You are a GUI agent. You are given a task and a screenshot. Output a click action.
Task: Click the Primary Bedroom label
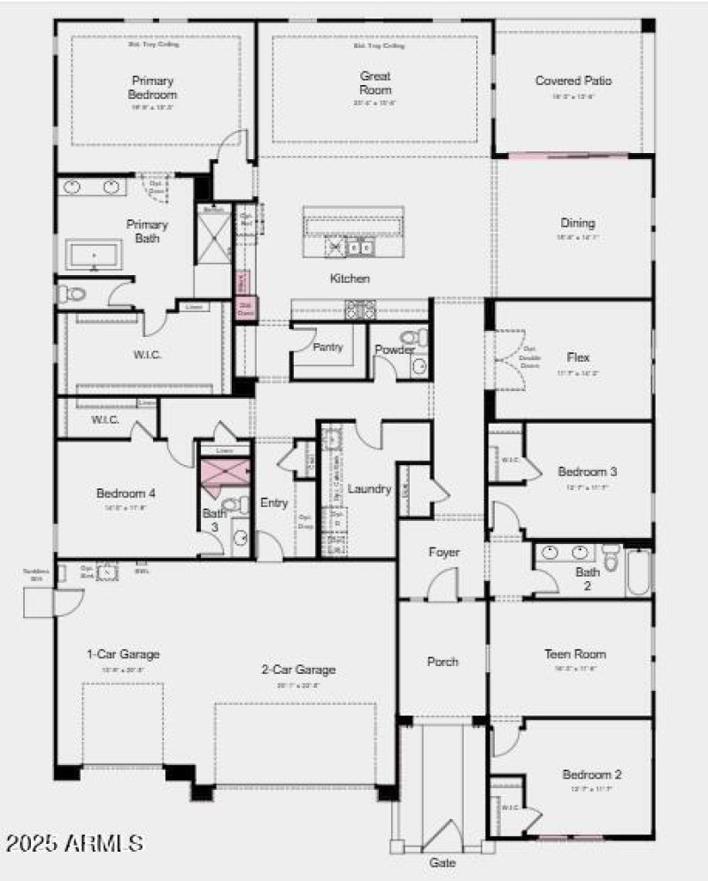(153, 87)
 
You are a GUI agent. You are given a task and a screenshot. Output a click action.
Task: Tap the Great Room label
(375, 82)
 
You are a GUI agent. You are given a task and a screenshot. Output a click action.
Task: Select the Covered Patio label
(573, 80)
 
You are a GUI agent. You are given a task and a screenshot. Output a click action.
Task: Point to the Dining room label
(577, 223)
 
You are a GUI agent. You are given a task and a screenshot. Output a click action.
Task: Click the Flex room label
(578, 357)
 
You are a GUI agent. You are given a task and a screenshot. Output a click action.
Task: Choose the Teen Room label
(574, 654)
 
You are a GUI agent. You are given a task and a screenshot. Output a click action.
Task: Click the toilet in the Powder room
(412, 337)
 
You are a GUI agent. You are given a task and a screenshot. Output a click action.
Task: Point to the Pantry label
(327, 347)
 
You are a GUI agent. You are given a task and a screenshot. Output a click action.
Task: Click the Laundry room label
(369, 488)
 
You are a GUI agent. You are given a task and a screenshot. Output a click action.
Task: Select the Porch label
(442, 661)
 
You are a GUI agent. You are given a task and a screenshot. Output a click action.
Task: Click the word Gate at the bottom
(443, 862)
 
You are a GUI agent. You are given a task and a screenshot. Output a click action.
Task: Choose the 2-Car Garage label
(298, 670)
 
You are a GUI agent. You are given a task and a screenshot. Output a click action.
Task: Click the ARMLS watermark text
(74, 842)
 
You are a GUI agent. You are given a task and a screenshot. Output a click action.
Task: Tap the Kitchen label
(350, 279)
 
